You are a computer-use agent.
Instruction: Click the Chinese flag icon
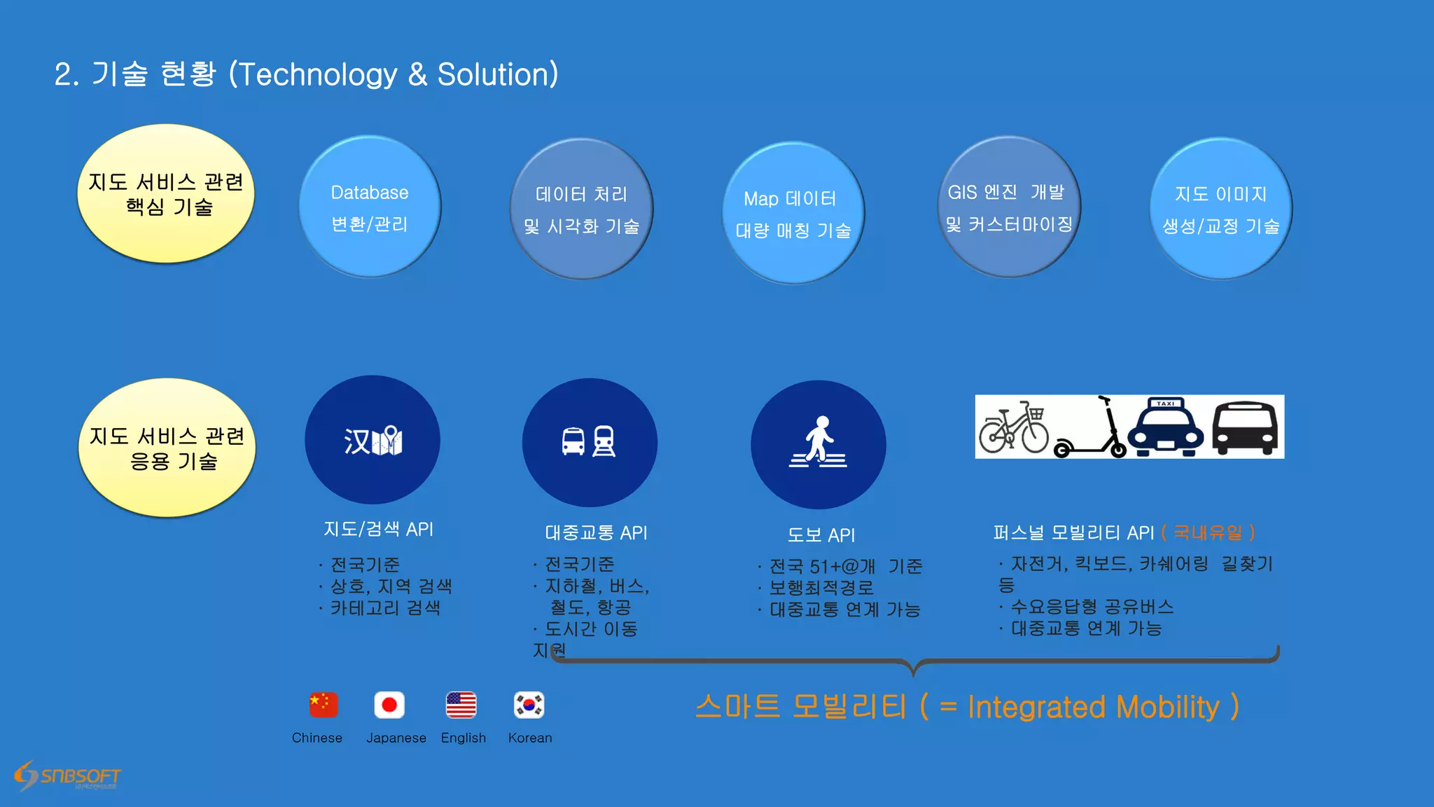[323, 705]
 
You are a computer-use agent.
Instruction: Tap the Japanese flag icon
[389, 705]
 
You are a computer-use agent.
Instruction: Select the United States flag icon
[461, 705]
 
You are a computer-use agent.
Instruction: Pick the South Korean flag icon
[529, 705]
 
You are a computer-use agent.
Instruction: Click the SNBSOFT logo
[68, 776]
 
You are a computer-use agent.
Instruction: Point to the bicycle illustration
[1013, 427]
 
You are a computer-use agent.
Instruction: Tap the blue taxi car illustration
[1165, 427]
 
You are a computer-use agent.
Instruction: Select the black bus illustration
[1245, 428]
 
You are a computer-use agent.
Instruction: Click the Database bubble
[370, 207]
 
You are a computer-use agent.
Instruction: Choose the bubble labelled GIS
[1009, 207]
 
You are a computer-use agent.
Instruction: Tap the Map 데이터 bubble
[793, 213]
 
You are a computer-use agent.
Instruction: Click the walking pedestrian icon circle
[818, 444]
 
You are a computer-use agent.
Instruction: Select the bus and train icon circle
[590, 442]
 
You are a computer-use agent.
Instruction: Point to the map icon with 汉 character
[373, 440]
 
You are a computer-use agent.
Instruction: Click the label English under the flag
[463, 738]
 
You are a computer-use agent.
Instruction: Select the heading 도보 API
[821, 535]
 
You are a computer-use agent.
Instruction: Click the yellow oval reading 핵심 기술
[166, 194]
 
